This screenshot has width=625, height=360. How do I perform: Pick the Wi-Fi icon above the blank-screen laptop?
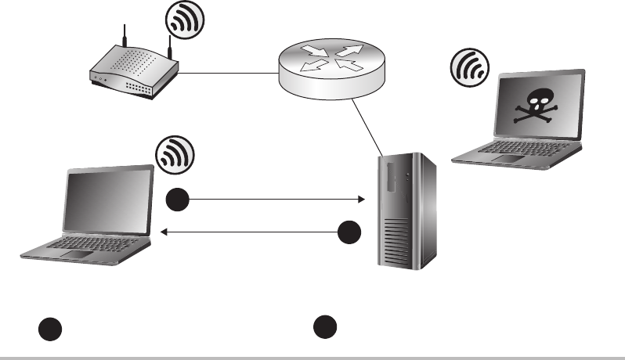(x=174, y=155)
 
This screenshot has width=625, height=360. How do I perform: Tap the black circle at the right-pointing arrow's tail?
(x=178, y=200)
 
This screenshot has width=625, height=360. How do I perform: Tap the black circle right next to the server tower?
(x=350, y=232)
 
